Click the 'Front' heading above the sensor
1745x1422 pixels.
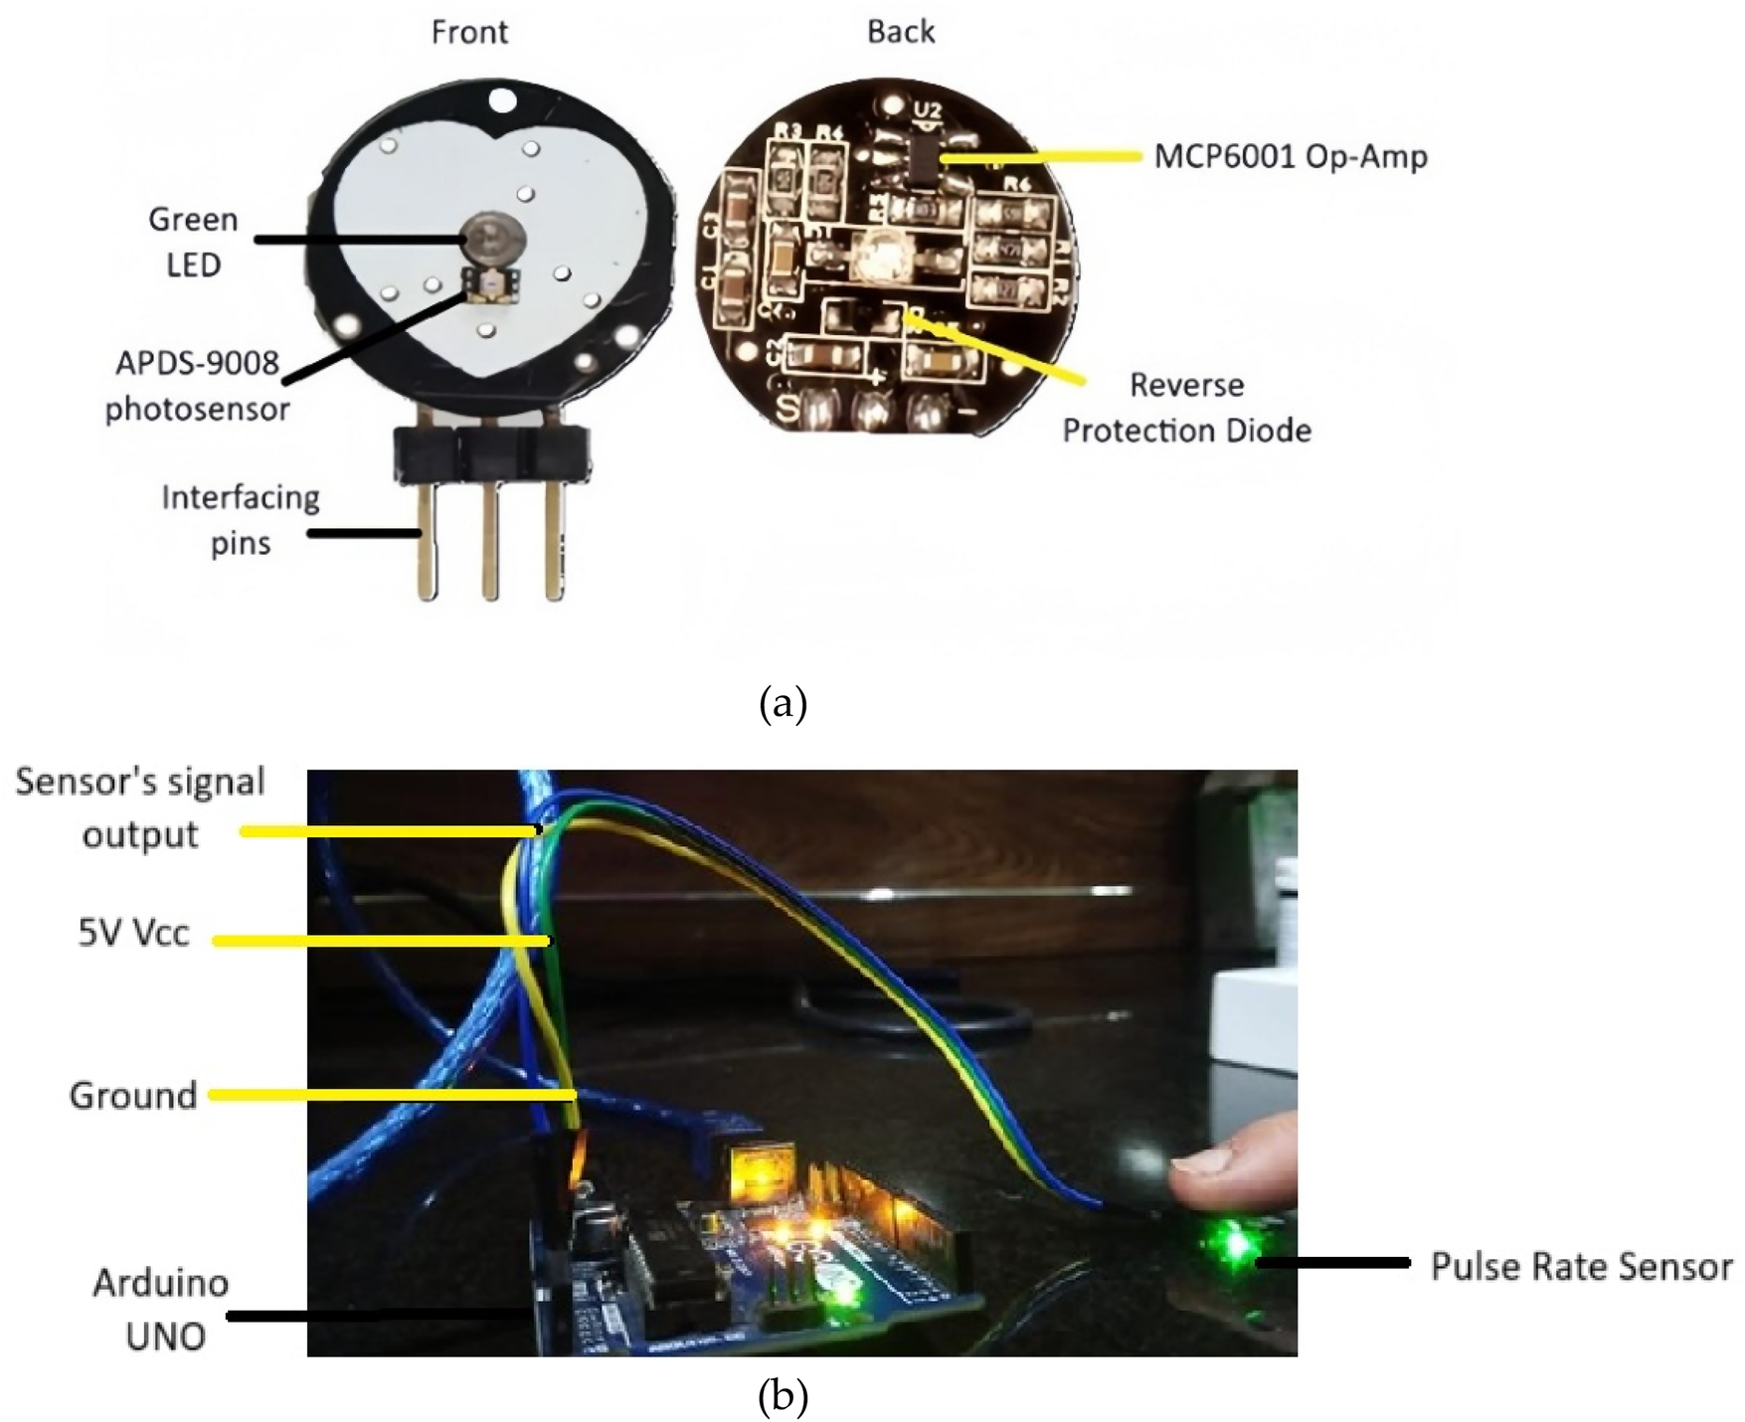pyautogui.click(x=469, y=33)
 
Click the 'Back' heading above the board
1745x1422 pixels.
pyautogui.click(x=901, y=32)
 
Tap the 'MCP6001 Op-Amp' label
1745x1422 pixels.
pyautogui.click(x=1291, y=157)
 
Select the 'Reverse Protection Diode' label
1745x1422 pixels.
pyautogui.click(x=1186, y=408)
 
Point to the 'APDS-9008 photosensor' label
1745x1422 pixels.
pyautogui.click(x=197, y=386)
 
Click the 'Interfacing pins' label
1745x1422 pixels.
pyautogui.click(x=241, y=520)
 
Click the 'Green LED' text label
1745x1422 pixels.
pyautogui.click(x=193, y=242)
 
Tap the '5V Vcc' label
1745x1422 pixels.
pyautogui.click(x=133, y=936)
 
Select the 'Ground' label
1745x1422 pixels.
pyautogui.click(x=132, y=1096)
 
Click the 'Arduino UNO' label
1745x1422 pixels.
pyautogui.click(x=161, y=1310)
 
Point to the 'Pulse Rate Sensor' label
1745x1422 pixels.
pyautogui.click(x=1581, y=1267)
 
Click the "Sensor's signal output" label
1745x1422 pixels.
pyautogui.click(x=140, y=807)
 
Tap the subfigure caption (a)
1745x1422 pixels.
pyautogui.click(x=783, y=704)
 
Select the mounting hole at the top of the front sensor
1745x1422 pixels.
pyautogui.click(x=503, y=100)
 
